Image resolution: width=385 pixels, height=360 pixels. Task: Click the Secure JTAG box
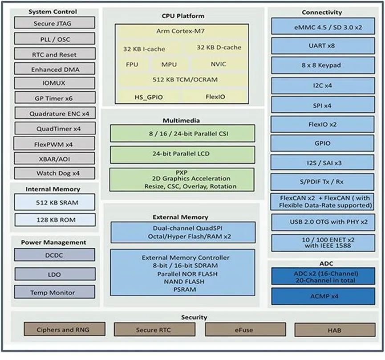pos(54,23)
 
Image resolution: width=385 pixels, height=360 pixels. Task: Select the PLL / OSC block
pos(54,39)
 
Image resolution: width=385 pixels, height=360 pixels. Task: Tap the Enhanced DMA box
pos(54,69)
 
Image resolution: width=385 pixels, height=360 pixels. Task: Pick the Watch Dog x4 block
pos(54,173)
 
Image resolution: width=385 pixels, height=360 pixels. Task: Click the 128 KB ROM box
pos(54,220)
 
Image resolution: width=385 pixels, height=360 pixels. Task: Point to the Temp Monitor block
pos(54,292)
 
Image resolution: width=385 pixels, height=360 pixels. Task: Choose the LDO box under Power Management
pos(54,274)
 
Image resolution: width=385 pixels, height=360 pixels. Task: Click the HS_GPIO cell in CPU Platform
pos(148,96)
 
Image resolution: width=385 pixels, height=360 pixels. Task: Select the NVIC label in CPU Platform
pos(218,64)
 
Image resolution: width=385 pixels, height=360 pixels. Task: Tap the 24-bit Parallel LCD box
pos(182,154)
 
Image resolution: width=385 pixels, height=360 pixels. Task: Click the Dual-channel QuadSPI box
pos(182,232)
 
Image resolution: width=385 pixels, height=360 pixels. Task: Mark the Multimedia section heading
pos(181,120)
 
